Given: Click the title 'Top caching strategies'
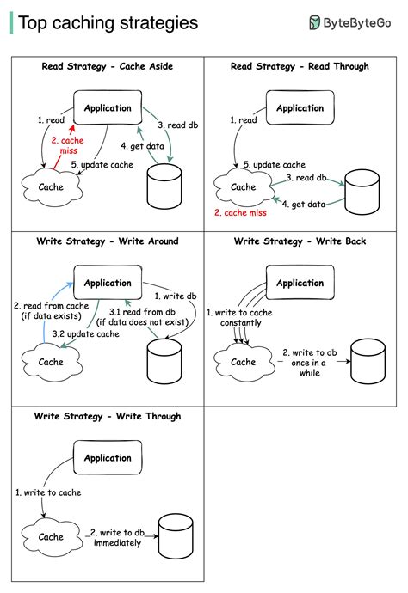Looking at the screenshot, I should click(x=108, y=23).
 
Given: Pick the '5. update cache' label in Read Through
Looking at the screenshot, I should click(x=274, y=164).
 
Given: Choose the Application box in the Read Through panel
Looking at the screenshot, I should click(x=300, y=108).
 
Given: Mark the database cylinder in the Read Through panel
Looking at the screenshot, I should click(x=362, y=193).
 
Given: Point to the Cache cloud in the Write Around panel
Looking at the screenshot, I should click(x=51, y=363).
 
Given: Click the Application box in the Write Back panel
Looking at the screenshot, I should click(x=300, y=283).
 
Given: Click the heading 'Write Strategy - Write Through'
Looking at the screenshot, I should click(x=108, y=417).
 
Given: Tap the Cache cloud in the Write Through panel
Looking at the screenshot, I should click(x=51, y=537).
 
